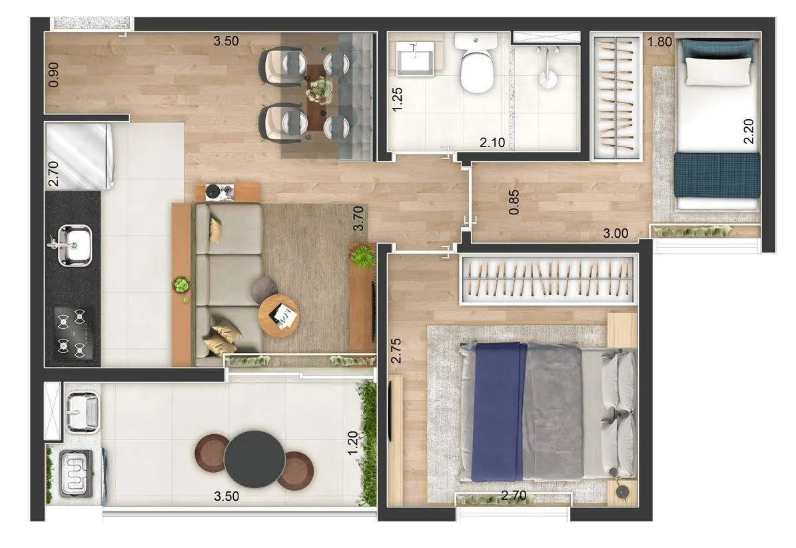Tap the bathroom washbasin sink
[416, 59]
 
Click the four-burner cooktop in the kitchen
[73, 334]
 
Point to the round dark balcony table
[254, 459]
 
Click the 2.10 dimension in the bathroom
[492, 142]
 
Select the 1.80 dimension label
[659, 41]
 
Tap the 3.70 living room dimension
[358, 218]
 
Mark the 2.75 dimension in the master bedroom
[396, 351]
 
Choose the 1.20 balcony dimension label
[353, 443]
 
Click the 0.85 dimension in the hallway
[514, 202]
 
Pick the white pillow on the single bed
[718, 71]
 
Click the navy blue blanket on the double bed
[498, 411]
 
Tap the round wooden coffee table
[278, 316]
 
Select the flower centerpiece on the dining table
[320, 90]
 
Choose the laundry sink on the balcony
[82, 411]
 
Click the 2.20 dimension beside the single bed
[748, 131]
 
